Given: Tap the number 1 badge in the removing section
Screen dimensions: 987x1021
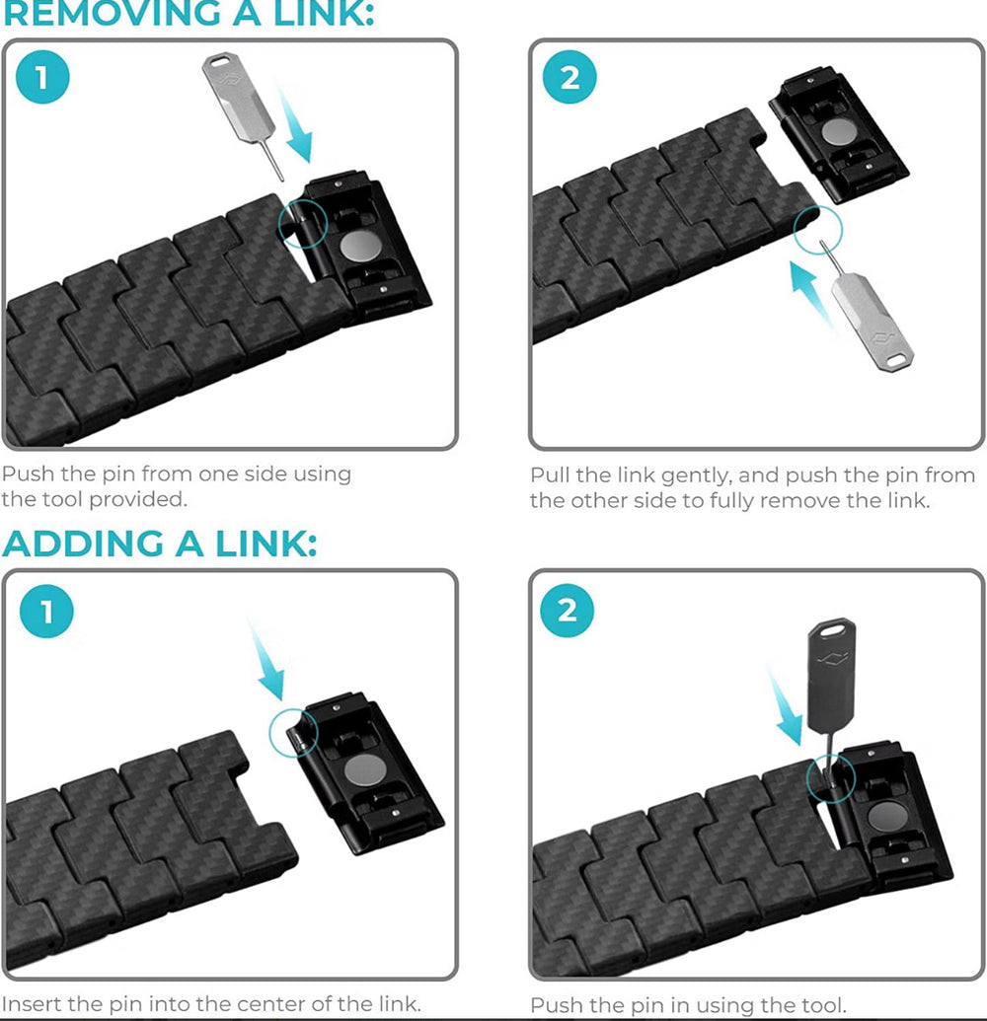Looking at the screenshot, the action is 42,77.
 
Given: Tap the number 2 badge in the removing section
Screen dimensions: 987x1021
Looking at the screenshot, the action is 569,77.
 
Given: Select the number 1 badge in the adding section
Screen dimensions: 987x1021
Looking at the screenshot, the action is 46,611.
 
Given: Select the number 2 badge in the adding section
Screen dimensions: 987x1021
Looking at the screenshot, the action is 568,610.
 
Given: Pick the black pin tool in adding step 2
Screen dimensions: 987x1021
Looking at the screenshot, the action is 831,691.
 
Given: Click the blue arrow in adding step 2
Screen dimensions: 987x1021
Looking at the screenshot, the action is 785,706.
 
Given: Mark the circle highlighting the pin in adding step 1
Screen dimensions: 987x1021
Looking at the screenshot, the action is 269,733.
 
